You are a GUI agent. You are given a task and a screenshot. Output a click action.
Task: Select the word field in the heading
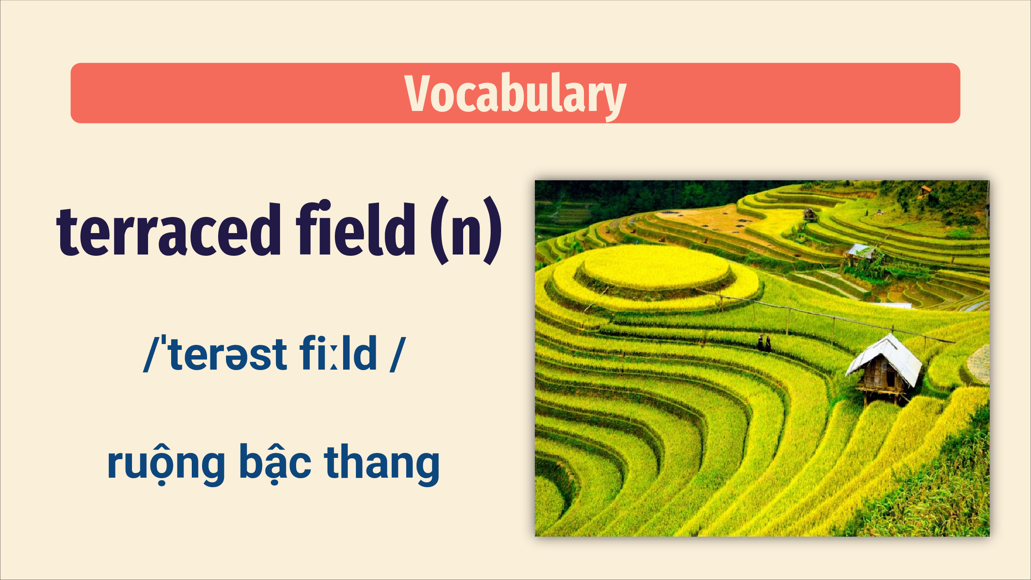point(355,228)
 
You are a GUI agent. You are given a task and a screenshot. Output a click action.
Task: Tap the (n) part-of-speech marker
point(466,230)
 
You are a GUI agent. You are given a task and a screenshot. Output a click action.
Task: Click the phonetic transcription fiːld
point(338,352)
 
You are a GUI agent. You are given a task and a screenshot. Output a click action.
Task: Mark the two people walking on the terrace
point(764,344)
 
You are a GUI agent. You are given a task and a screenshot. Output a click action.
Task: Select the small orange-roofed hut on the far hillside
point(926,190)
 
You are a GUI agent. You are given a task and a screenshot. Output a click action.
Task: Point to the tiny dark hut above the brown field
point(809,215)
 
